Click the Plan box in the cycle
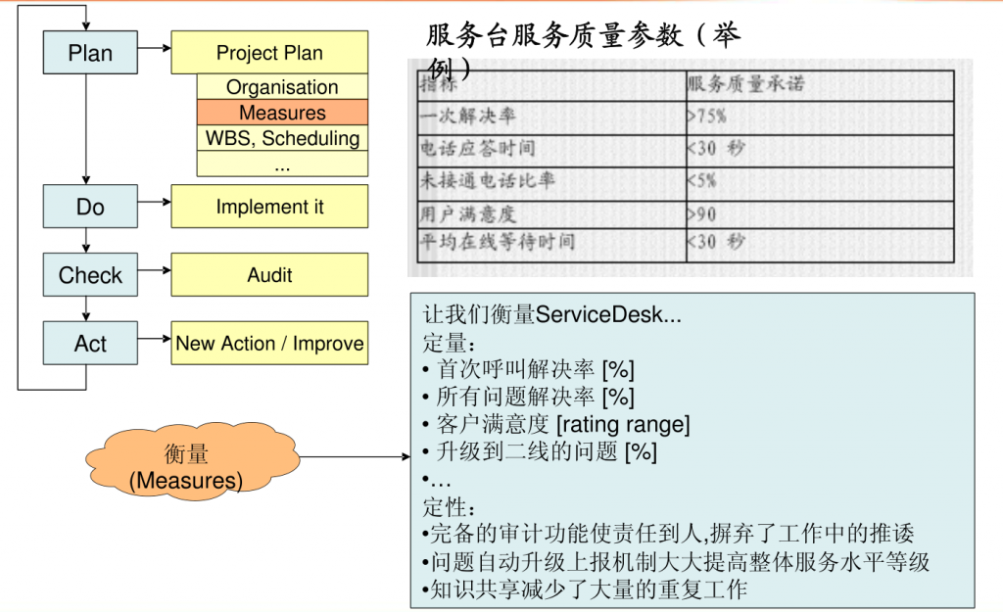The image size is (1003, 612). (x=90, y=52)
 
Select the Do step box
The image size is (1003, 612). (x=90, y=207)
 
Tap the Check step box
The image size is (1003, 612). (x=90, y=275)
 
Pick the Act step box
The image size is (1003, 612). (x=90, y=344)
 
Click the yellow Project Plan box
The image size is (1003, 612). (x=269, y=52)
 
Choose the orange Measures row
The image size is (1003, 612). (x=282, y=113)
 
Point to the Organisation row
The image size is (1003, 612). (x=282, y=87)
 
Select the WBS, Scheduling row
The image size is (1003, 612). (x=282, y=138)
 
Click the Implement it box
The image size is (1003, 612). (x=269, y=207)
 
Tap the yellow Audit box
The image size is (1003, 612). (x=269, y=275)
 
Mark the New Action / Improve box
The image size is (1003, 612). (x=269, y=344)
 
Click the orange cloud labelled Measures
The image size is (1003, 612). (x=186, y=466)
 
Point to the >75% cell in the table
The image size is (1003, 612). (x=707, y=116)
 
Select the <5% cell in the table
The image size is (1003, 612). (x=702, y=180)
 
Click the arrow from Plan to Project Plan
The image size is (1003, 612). (x=154, y=47)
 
